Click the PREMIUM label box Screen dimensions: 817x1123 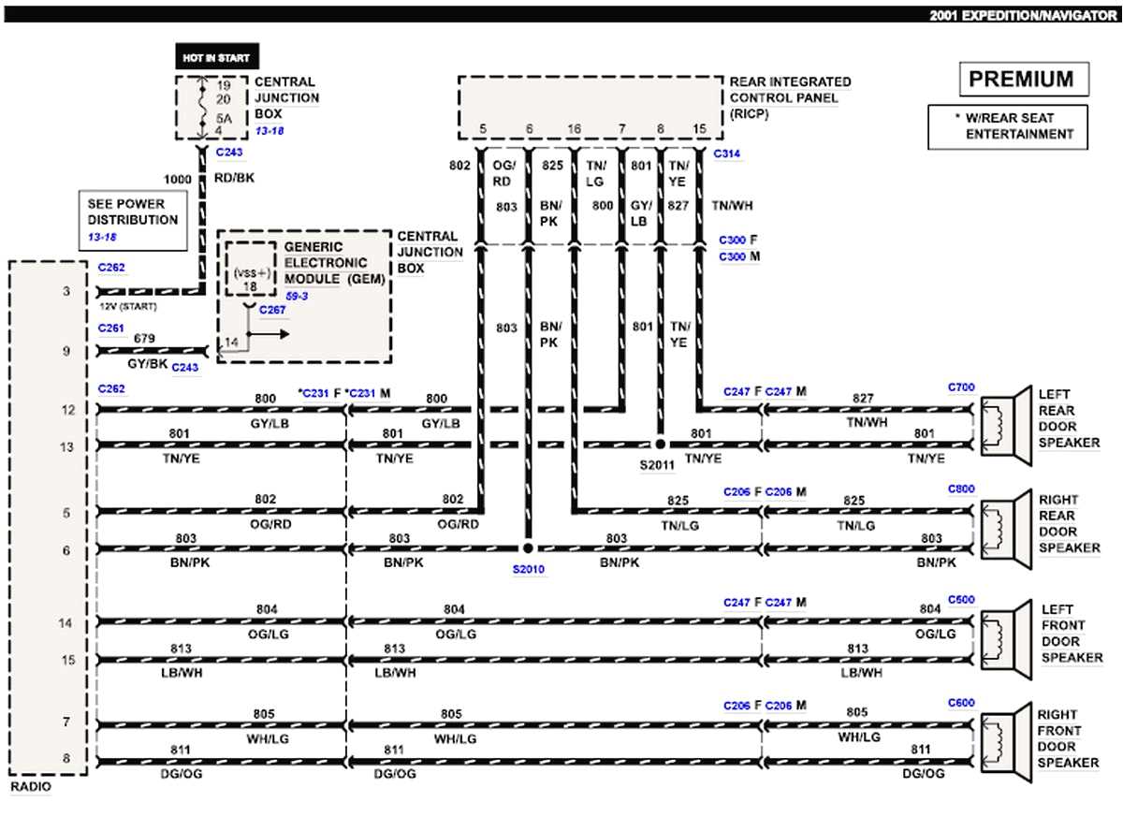1024,80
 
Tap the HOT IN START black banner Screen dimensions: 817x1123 217,57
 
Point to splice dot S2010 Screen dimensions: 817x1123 528,548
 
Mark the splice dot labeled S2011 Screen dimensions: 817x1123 660,444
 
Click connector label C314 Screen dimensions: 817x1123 727,153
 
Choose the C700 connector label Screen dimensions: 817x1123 961,387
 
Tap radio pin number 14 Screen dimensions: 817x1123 66,622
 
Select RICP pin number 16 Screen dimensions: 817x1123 574,128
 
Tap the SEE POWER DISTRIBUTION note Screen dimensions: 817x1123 132,220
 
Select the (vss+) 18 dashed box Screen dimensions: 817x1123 250,270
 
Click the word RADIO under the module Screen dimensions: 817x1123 30,787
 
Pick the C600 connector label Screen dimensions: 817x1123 961,702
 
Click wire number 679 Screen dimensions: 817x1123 144,338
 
